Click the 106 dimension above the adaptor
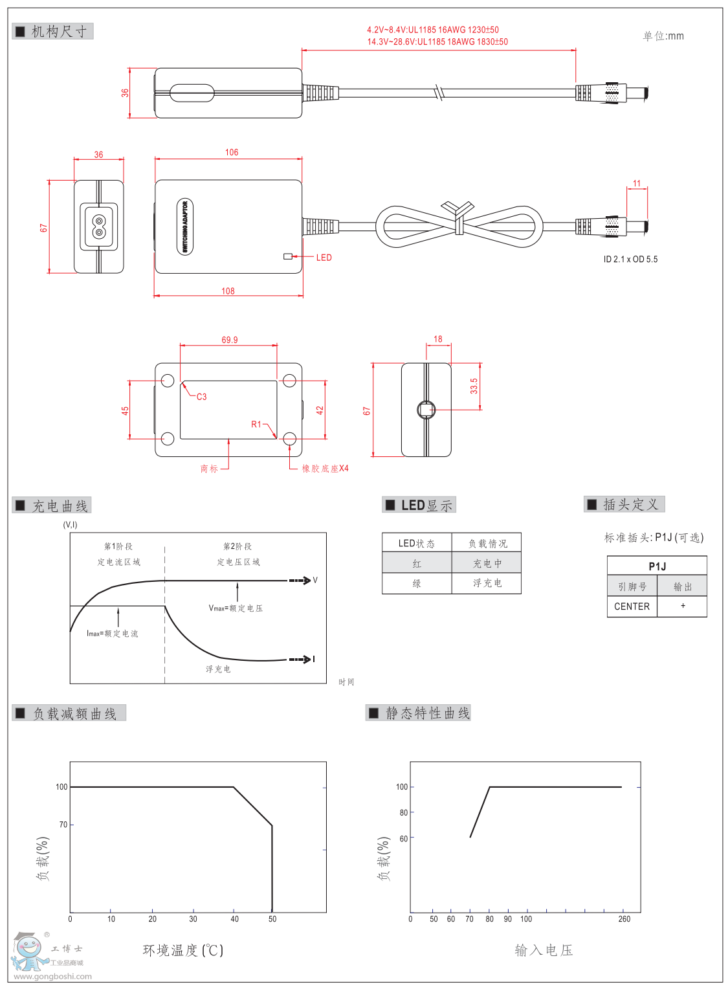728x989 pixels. (x=232, y=153)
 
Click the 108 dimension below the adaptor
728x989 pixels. (x=228, y=291)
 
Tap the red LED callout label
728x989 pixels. (x=324, y=258)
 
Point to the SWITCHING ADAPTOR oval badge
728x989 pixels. (x=185, y=227)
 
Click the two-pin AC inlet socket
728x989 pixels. (x=98, y=227)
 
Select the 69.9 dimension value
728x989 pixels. (x=229, y=340)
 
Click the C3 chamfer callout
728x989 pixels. (x=201, y=397)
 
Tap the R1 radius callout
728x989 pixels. (x=256, y=425)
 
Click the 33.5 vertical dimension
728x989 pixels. (x=474, y=386)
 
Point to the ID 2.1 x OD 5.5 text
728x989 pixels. (x=630, y=260)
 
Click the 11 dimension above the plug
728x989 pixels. (x=637, y=184)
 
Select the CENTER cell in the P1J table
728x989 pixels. (x=632, y=606)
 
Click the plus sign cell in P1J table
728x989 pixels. (x=683, y=606)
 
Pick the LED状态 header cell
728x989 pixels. (x=417, y=544)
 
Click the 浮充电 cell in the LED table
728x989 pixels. (x=487, y=583)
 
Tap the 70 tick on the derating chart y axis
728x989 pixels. (x=63, y=825)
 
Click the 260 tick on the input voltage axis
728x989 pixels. (x=624, y=919)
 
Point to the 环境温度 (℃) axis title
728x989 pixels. (x=183, y=950)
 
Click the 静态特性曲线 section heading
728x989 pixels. (x=427, y=713)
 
